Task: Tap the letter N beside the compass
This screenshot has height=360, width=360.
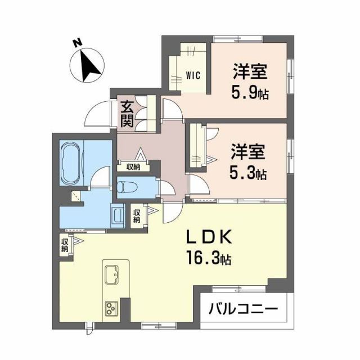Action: click(x=77, y=43)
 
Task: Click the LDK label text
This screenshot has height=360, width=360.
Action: click(x=209, y=237)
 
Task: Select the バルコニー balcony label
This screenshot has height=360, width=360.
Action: click(x=243, y=309)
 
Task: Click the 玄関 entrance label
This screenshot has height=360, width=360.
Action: click(x=127, y=113)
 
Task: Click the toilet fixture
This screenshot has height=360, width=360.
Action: click(x=129, y=186)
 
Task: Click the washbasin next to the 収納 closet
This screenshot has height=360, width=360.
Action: click(x=119, y=216)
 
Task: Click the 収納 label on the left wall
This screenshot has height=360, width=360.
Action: click(x=65, y=245)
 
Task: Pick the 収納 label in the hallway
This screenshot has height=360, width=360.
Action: click(x=133, y=167)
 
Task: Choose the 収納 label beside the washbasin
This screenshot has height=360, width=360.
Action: click(x=137, y=216)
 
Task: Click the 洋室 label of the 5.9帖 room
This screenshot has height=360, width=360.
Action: click(x=250, y=72)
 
